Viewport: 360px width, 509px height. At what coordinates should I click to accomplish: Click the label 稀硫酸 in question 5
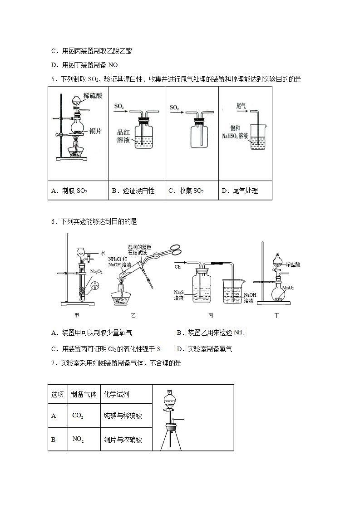pyautogui.click(x=93, y=96)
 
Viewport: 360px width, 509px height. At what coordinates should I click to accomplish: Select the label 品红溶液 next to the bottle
pyautogui.click(x=123, y=136)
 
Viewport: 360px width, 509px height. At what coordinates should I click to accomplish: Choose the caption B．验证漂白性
pyautogui.click(x=133, y=191)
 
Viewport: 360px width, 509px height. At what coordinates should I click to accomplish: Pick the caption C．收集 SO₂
pyautogui.click(x=186, y=191)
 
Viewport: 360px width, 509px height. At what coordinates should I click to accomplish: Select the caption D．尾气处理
pyautogui.click(x=240, y=191)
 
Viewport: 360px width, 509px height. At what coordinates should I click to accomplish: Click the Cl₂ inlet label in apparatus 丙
pyautogui.click(x=178, y=267)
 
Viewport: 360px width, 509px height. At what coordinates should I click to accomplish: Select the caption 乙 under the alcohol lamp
pyautogui.click(x=133, y=315)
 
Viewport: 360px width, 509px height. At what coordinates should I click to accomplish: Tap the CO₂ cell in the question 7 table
pyautogui.click(x=78, y=416)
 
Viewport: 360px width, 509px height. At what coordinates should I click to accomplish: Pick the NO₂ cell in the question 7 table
pyautogui.click(x=78, y=439)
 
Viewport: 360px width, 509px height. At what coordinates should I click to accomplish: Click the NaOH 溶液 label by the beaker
pyautogui.click(x=250, y=297)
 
